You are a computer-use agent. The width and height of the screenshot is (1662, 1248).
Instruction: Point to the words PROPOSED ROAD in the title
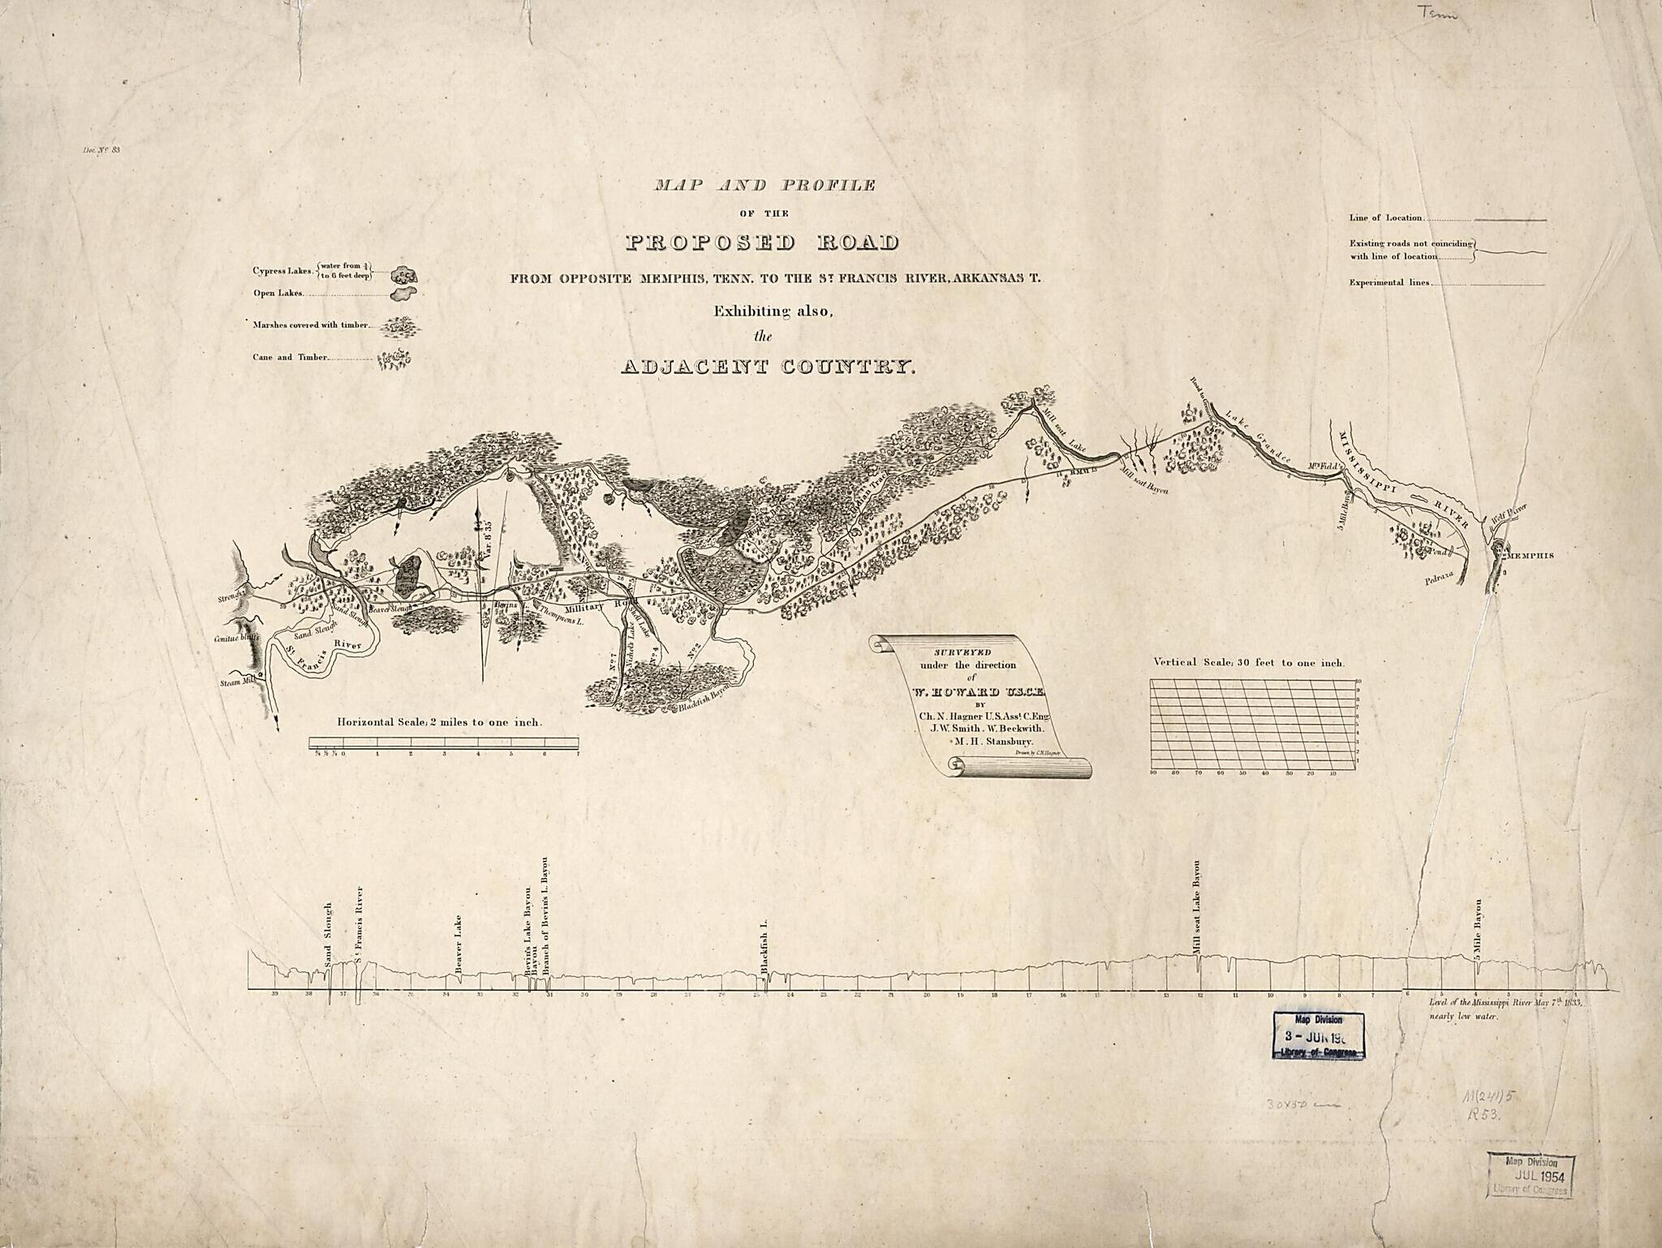[762, 243]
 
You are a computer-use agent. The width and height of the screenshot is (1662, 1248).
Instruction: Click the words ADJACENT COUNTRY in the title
[768, 367]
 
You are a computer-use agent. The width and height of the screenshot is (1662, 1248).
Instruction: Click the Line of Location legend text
[1385, 217]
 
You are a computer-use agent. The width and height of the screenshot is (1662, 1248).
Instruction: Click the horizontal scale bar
[443, 742]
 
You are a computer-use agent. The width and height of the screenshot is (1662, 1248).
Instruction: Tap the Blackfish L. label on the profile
[764, 946]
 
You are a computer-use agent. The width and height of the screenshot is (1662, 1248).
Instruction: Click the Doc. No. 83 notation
[101, 149]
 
